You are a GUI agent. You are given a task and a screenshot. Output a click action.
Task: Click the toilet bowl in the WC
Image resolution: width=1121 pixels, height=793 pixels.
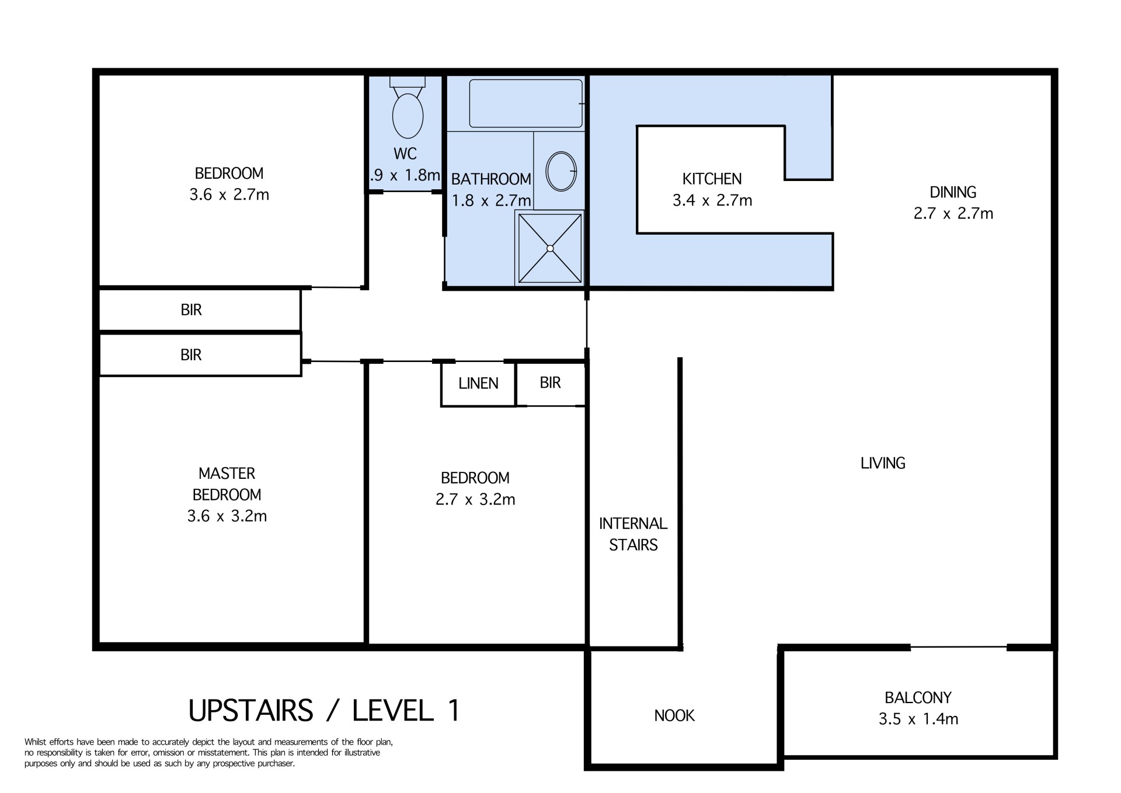click(408, 115)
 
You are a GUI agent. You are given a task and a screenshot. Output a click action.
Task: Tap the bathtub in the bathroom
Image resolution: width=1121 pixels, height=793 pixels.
click(526, 103)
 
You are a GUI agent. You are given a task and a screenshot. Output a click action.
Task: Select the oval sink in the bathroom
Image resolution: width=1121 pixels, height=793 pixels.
click(561, 171)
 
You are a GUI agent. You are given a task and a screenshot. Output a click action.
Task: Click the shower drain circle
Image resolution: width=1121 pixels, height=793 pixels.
click(550, 248)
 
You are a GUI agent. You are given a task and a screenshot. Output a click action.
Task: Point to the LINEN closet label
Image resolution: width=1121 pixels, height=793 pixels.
click(478, 384)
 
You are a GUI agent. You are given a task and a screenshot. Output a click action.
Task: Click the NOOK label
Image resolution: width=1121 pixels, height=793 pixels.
click(674, 715)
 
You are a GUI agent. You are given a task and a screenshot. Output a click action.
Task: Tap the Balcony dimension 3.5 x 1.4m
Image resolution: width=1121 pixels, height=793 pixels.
click(918, 719)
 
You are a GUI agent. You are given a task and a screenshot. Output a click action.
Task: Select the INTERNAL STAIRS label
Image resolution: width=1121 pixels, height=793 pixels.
click(633, 534)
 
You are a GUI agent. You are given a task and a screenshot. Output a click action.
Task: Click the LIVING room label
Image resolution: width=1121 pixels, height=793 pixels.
click(883, 463)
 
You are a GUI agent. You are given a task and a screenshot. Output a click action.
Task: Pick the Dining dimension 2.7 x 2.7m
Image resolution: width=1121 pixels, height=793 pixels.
click(953, 213)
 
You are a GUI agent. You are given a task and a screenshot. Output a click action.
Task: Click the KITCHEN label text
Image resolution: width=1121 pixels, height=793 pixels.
click(712, 179)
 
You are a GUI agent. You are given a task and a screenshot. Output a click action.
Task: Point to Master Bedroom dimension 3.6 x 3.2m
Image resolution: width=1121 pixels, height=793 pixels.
click(227, 516)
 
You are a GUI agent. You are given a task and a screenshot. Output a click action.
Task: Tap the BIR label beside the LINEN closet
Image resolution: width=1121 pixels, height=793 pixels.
click(550, 382)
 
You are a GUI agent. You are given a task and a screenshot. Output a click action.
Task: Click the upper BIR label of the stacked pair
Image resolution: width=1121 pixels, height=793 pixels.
click(191, 310)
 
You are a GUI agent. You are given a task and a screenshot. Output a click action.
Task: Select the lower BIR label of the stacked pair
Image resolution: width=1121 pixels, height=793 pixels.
click(191, 355)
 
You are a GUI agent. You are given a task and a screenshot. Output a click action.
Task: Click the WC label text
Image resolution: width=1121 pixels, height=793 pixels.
click(405, 154)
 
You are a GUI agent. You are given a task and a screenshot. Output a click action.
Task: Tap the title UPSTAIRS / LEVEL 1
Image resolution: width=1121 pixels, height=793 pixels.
click(325, 710)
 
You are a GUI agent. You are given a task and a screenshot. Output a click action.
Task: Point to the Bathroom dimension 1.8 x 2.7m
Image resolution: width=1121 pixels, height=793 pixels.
click(491, 201)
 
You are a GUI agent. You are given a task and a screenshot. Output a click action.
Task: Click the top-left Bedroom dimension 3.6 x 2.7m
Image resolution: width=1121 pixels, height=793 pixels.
click(229, 194)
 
